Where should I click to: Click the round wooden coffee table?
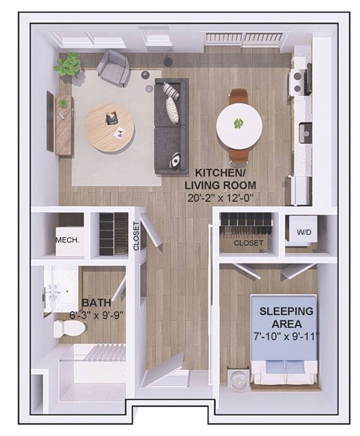pyautogui.click(x=111, y=127)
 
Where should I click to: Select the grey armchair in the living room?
pyautogui.click(x=113, y=68)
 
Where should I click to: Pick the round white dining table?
pyautogui.click(x=240, y=125)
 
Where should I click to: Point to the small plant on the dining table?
pyautogui.click(x=239, y=123)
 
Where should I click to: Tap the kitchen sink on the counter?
pyautogui.click(x=305, y=133)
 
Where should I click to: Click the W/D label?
pyautogui.click(x=304, y=233)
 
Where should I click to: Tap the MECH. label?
pyautogui.click(x=67, y=241)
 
